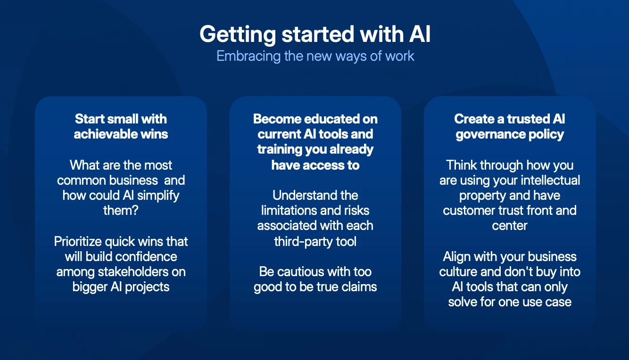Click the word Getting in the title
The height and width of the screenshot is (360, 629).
pyautogui.click(x=238, y=35)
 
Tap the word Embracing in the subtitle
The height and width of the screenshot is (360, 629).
pyautogui.click(x=248, y=57)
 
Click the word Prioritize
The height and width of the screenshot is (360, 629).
pyautogui.click(x=78, y=242)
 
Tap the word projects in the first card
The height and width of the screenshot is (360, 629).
pyautogui.click(x=147, y=287)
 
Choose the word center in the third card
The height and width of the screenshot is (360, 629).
pyautogui.click(x=510, y=226)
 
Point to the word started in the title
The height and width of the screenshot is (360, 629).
pyautogui.click(x=318, y=34)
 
